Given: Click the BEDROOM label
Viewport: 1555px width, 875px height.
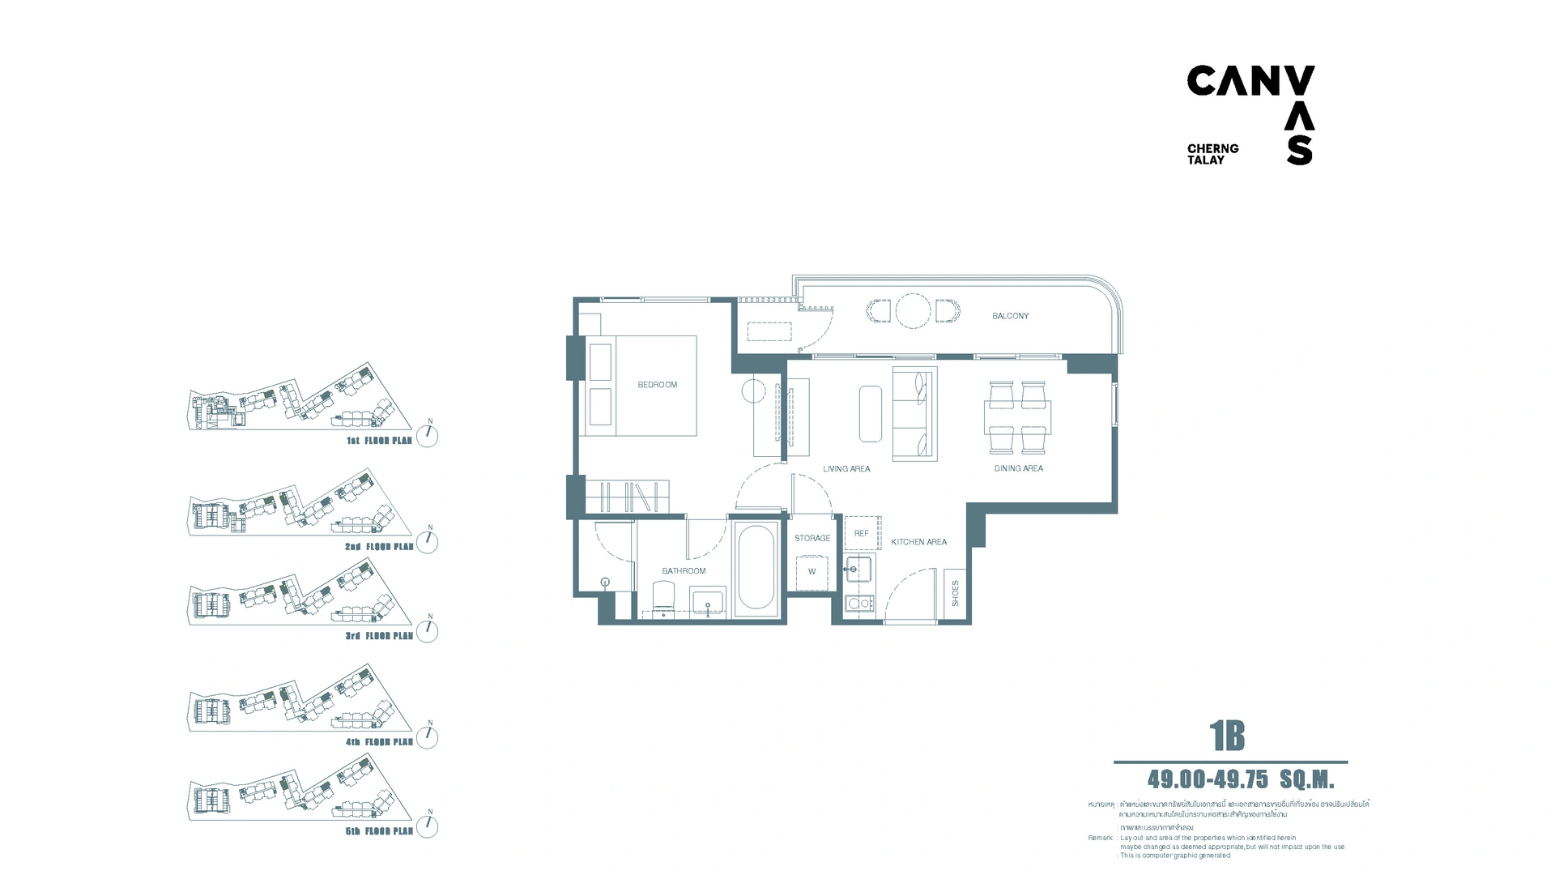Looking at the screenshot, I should coord(657,385).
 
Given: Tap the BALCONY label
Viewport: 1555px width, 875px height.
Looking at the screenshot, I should coord(1010,316).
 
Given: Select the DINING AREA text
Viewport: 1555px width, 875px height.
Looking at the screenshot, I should coord(1018,468).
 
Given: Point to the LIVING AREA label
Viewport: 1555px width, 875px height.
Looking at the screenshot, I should coord(846,469).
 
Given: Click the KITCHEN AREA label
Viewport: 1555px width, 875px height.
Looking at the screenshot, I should coord(918,542).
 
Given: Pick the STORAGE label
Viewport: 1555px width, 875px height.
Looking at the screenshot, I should coord(812,538).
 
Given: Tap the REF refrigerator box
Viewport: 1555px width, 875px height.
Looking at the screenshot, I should coord(862,533).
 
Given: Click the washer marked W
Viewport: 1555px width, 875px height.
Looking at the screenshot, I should coord(812,572).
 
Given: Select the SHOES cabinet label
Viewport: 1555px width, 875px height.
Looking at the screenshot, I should coord(956,593).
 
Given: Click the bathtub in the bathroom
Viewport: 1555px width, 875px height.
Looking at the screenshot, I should coord(757,568).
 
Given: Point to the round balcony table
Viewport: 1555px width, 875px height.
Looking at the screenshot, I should coord(913,310).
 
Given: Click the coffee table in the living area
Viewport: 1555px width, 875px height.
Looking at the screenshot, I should coord(871,413).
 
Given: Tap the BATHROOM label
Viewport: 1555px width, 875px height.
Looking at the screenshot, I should coord(684,571).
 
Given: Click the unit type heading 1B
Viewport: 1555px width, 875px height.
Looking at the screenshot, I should coord(1227,736).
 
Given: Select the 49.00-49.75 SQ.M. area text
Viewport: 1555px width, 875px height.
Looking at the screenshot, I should coord(1240,779).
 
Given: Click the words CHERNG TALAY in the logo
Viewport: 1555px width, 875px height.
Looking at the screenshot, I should coord(1212,154).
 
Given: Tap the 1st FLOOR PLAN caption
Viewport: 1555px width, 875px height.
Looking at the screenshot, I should coord(379,441).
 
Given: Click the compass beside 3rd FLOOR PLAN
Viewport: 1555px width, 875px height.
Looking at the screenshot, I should coord(428,630).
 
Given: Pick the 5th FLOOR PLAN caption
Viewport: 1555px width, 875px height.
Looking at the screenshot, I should coord(379,831).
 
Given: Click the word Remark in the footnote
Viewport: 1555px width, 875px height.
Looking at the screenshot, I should coord(1100,838).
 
